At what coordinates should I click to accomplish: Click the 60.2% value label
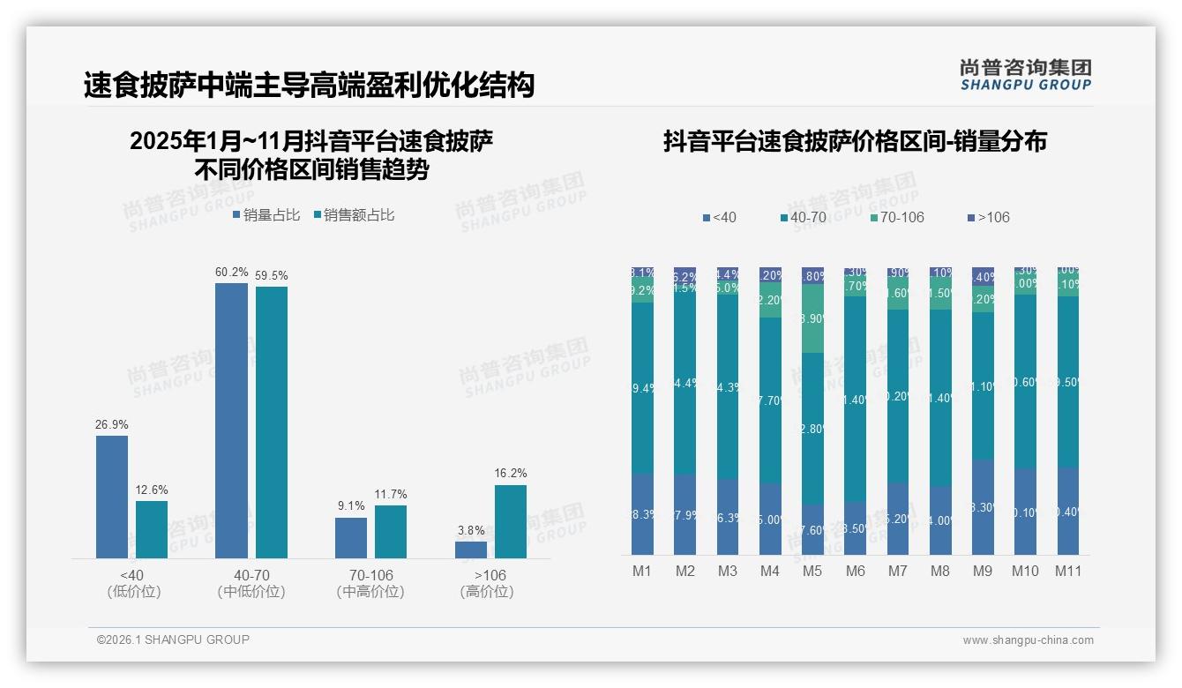tap(231, 272)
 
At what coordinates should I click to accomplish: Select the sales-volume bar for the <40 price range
tap(112, 497)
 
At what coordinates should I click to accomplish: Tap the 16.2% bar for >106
tap(510, 521)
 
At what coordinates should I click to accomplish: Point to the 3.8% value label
tap(471, 530)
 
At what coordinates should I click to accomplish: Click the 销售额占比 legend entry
tap(354, 215)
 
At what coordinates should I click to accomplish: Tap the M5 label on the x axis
tap(812, 571)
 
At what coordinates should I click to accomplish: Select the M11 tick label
tap(1068, 571)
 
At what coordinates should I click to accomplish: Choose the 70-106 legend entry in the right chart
tap(896, 217)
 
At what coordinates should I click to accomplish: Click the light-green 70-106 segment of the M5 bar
tap(812, 318)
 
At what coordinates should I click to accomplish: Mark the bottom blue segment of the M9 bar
tap(983, 507)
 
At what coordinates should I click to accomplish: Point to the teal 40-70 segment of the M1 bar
tap(643, 388)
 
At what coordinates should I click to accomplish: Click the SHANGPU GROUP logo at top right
tap(1025, 75)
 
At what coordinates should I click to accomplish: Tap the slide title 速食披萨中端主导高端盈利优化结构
tap(309, 85)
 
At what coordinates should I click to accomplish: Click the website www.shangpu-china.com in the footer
tap(1028, 640)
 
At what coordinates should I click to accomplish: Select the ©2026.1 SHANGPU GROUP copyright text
tap(173, 639)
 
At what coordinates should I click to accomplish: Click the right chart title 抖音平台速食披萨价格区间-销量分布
tap(855, 141)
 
